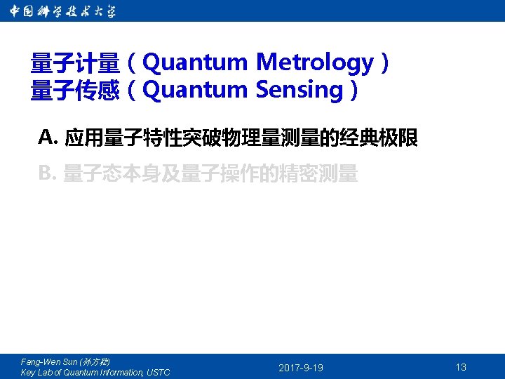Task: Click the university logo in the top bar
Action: [x=63, y=11]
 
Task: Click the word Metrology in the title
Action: [x=315, y=63]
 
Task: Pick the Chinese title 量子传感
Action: [x=75, y=91]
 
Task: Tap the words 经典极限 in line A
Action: [x=379, y=138]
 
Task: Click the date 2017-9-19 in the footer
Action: [x=301, y=368]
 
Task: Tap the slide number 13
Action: [x=461, y=367]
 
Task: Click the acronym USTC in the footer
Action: [x=157, y=373]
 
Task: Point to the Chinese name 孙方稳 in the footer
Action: [x=94, y=361]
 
